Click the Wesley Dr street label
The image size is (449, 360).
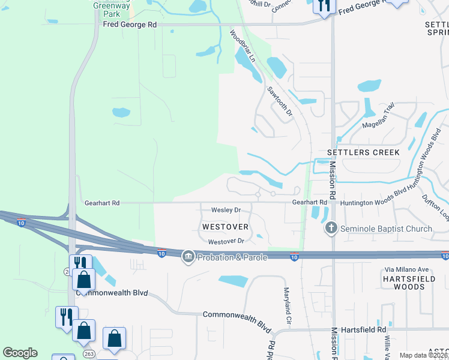(x=226, y=210)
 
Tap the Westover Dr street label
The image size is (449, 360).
(x=226, y=241)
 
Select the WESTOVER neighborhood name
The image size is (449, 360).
(x=225, y=227)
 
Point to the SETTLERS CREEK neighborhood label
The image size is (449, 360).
(x=363, y=152)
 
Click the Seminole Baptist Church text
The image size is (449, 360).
(x=386, y=229)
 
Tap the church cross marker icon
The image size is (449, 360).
(x=331, y=229)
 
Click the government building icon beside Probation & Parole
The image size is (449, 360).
(x=188, y=257)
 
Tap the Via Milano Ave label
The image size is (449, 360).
(x=410, y=269)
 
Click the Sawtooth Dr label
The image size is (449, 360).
(x=279, y=100)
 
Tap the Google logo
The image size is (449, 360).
(x=20, y=353)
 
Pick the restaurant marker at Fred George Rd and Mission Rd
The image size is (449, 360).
(x=323, y=6)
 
